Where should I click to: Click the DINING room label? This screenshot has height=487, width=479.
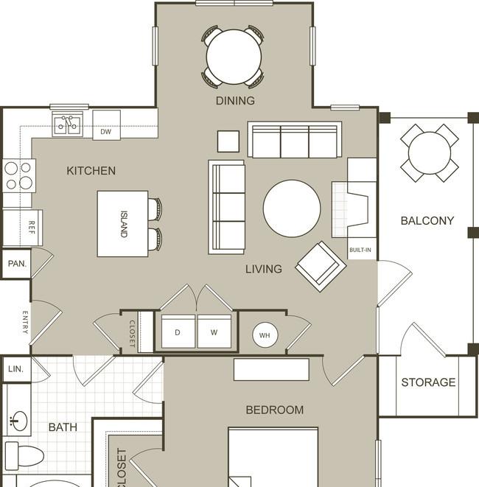[x=235, y=101]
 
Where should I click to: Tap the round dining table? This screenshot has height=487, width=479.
[x=234, y=57]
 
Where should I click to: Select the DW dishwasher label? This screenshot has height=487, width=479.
[x=105, y=132]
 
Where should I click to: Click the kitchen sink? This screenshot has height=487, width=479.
[x=67, y=125]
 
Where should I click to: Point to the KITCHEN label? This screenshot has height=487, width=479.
[x=91, y=171]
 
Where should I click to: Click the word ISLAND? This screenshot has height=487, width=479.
[x=124, y=224]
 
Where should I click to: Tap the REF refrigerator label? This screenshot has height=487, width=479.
[x=32, y=228]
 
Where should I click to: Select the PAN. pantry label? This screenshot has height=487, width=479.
[x=17, y=264]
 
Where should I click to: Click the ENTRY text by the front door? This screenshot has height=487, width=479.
[x=25, y=323]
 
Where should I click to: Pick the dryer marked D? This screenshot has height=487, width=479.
[x=178, y=332]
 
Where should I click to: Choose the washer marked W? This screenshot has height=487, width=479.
[x=214, y=332]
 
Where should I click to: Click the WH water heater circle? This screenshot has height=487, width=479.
[x=265, y=335]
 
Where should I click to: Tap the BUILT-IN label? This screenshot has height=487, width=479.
[x=360, y=250]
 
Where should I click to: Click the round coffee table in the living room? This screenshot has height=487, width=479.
[x=292, y=209]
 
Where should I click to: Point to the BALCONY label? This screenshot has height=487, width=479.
[x=427, y=221]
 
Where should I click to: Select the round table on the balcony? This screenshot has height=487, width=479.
[x=430, y=153]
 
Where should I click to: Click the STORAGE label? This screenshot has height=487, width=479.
[x=428, y=382]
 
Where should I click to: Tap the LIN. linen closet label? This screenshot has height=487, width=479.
[x=15, y=369]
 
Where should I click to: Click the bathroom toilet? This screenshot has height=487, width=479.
[x=24, y=456]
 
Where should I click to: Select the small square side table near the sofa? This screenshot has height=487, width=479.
[x=228, y=141]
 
